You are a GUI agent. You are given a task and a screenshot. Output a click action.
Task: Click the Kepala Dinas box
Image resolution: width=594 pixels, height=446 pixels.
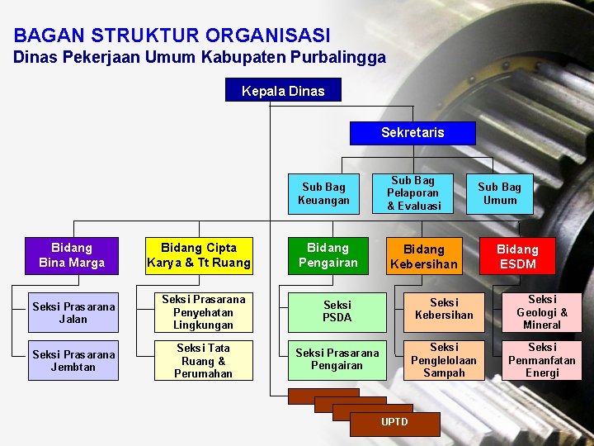click(x=283, y=91)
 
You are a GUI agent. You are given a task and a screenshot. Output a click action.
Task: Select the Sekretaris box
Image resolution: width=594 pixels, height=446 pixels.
click(x=412, y=133)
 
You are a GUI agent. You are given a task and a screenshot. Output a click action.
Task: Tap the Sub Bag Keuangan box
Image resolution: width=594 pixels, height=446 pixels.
click(x=323, y=194)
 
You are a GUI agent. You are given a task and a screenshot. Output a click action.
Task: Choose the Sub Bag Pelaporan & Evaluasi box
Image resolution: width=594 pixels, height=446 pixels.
click(x=414, y=193)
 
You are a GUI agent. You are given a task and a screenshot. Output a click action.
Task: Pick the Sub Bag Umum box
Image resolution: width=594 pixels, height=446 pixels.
click(x=499, y=194)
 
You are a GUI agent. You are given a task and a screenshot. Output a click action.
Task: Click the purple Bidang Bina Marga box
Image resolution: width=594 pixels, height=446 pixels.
click(x=72, y=255)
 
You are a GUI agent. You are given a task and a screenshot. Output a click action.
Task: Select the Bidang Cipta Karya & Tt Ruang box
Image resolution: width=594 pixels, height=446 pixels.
click(x=199, y=255)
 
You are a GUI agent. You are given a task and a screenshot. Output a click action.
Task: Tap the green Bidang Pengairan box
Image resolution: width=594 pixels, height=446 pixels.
click(x=328, y=255)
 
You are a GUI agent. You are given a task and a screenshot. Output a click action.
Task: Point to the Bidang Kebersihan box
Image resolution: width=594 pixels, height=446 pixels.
click(x=423, y=257)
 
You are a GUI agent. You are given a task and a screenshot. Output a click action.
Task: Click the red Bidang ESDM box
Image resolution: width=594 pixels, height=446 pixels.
click(x=517, y=257)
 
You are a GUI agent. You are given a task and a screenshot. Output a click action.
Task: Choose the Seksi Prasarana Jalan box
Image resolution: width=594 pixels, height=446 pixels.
click(x=73, y=313)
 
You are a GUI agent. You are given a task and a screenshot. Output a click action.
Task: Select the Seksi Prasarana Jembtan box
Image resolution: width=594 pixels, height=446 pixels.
click(x=73, y=361)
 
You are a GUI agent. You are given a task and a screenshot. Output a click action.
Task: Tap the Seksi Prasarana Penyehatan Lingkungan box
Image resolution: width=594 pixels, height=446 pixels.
click(x=203, y=313)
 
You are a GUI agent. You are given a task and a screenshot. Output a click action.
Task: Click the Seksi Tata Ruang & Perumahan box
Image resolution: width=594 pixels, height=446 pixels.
click(x=203, y=361)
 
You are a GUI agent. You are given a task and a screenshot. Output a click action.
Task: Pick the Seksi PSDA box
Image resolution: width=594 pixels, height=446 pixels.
click(x=337, y=312)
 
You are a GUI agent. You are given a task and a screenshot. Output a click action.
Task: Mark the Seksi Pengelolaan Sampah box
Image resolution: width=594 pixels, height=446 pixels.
click(x=444, y=361)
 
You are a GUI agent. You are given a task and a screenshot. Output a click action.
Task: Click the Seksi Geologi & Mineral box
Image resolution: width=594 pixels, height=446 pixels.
click(x=542, y=312)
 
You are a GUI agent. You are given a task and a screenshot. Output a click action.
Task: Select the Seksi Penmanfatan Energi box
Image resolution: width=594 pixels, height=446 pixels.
click(x=542, y=361)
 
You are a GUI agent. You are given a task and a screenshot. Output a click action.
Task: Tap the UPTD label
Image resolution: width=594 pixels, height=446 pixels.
click(x=394, y=422)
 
